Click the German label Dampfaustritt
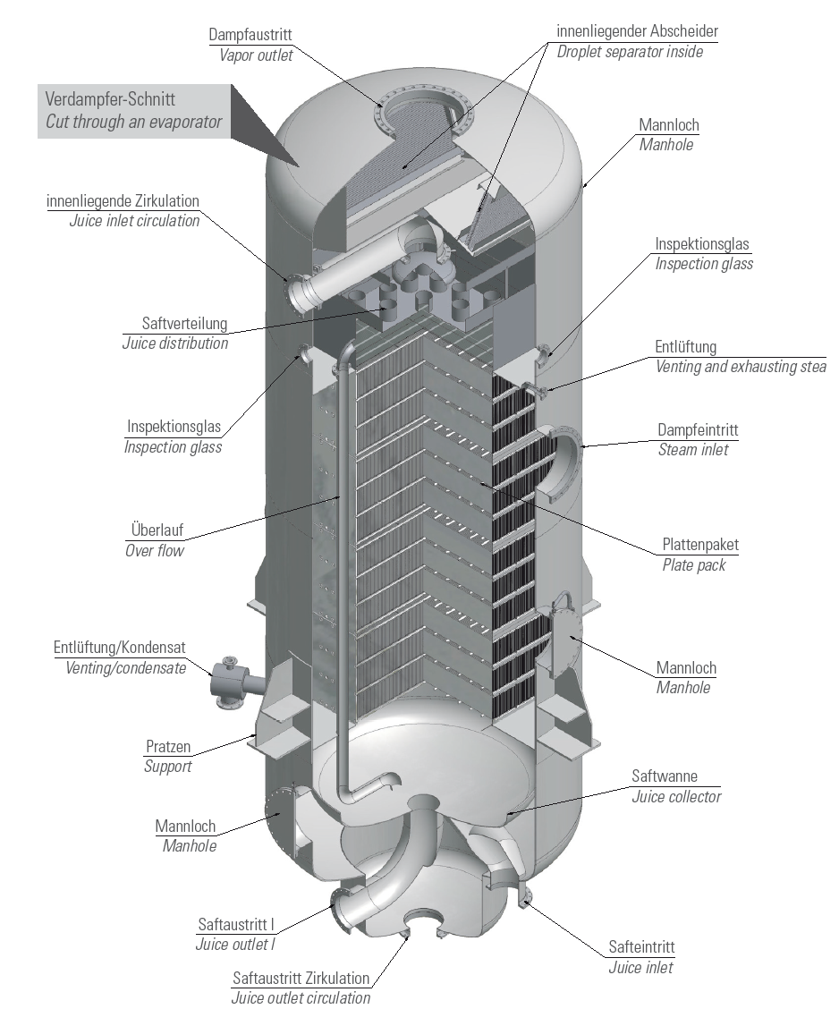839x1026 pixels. [x=250, y=35]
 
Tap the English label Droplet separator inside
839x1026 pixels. [x=630, y=51]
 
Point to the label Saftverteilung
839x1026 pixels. [x=184, y=323]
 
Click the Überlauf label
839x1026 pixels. [x=155, y=530]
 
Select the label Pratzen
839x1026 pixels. [x=168, y=746]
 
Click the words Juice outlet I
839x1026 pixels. [x=242, y=943]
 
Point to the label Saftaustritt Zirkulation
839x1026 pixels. [x=301, y=978]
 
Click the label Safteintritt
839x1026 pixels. [x=641, y=947]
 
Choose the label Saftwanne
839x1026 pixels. [x=665, y=776]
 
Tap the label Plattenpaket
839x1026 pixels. [x=700, y=544]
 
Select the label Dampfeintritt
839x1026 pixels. [x=698, y=430]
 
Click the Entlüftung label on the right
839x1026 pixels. [x=686, y=346]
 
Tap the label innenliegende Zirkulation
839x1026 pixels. [x=123, y=200]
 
